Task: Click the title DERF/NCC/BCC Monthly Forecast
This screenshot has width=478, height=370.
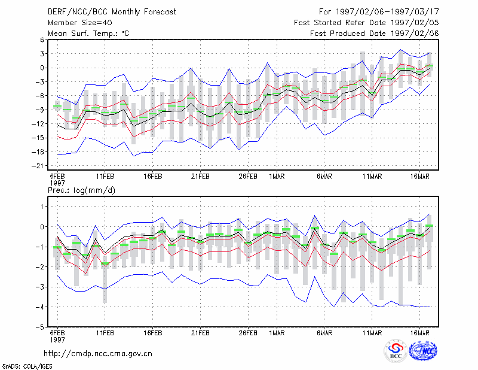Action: click(x=112, y=12)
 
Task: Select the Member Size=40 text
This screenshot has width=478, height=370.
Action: click(x=80, y=23)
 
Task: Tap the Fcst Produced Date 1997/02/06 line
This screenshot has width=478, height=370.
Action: click(x=375, y=34)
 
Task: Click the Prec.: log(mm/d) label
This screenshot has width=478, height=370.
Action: click(x=81, y=190)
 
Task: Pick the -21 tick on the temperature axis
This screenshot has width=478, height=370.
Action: click(x=38, y=166)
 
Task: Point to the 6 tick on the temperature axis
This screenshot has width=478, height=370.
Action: click(x=42, y=40)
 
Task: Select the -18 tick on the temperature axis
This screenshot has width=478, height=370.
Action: click(x=38, y=152)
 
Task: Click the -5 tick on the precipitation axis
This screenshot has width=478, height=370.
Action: click(x=40, y=327)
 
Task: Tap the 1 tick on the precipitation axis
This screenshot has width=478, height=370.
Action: click(x=42, y=207)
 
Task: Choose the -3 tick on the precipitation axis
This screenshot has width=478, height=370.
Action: click(x=40, y=287)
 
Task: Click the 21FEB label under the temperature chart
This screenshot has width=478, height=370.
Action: click(x=200, y=177)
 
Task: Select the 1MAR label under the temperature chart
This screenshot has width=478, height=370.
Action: click(x=277, y=177)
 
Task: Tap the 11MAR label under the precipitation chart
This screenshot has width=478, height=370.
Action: click(x=372, y=333)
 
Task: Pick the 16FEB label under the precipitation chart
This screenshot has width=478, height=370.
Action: click(x=153, y=333)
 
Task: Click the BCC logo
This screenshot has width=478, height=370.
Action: click(x=396, y=351)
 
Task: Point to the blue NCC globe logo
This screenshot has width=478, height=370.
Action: click(x=423, y=351)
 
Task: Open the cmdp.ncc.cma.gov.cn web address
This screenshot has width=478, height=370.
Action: click(x=98, y=354)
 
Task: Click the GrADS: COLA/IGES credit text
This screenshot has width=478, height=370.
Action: click(x=27, y=366)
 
